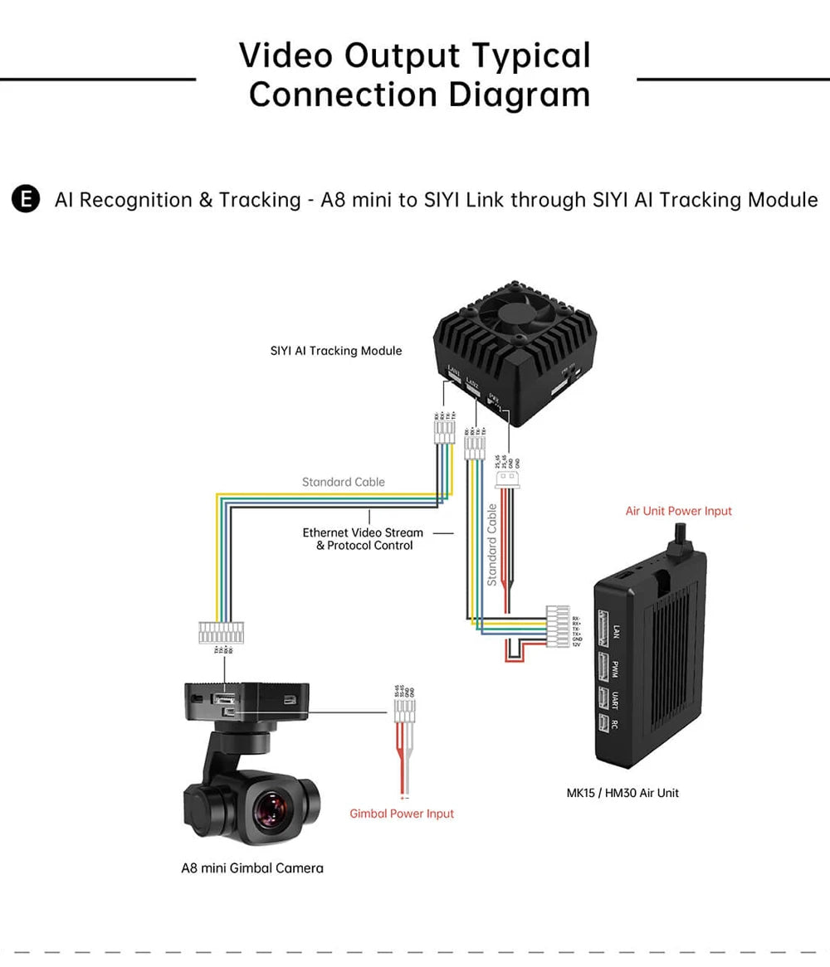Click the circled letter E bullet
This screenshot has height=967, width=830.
[27, 200]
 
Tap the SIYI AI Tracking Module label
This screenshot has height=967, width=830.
[335, 351]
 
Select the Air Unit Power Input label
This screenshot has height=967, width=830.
[678, 511]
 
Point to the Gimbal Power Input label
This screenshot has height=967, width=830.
[402, 814]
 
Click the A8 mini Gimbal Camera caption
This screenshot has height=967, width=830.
[252, 868]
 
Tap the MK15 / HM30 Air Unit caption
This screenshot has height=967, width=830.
[622, 793]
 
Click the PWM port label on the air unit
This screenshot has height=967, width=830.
[615, 668]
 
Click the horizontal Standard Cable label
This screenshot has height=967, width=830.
[344, 482]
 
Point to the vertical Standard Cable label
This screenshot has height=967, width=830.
[492, 545]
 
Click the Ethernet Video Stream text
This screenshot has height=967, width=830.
[363, 532]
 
